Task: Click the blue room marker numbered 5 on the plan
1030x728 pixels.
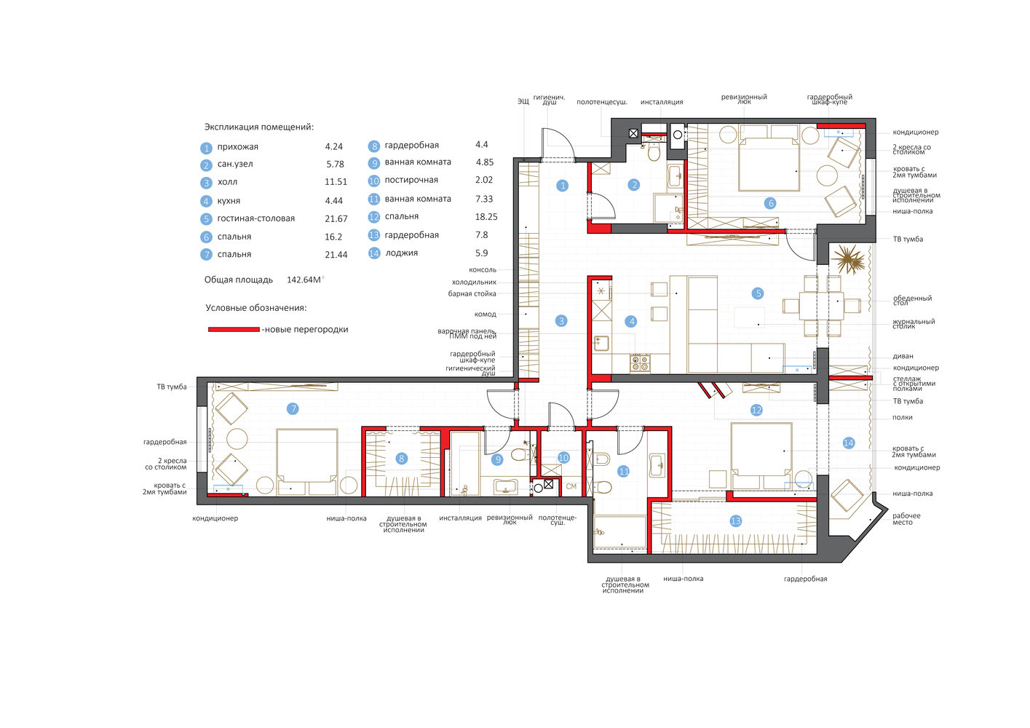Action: (758, 293)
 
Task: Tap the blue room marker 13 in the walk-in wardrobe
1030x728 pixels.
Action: (736, 521)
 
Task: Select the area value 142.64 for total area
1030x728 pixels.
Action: (304, 280)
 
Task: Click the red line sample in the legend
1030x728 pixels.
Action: (234, 329)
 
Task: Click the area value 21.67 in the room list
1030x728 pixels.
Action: (336, 219)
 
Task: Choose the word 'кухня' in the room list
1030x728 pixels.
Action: (229, 201)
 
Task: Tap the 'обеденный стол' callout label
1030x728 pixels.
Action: (912, 301)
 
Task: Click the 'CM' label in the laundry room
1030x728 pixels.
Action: (571, 486)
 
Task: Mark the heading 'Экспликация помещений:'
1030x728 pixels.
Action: (259, 127)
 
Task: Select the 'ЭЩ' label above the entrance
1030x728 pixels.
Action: (523, 100)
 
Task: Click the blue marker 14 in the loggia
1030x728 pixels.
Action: (848, 443)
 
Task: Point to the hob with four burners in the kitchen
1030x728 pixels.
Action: (640, 363)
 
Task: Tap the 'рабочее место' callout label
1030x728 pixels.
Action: (906, 519)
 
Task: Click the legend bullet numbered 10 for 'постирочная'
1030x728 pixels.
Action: (374, 181)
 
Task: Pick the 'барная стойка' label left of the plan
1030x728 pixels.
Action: (472, 294)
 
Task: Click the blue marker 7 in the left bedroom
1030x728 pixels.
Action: (293, 408)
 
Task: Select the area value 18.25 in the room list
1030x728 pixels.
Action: (486, 217)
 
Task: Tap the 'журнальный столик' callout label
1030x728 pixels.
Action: (914, 324)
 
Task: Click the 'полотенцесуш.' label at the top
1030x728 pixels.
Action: (602, 102)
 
